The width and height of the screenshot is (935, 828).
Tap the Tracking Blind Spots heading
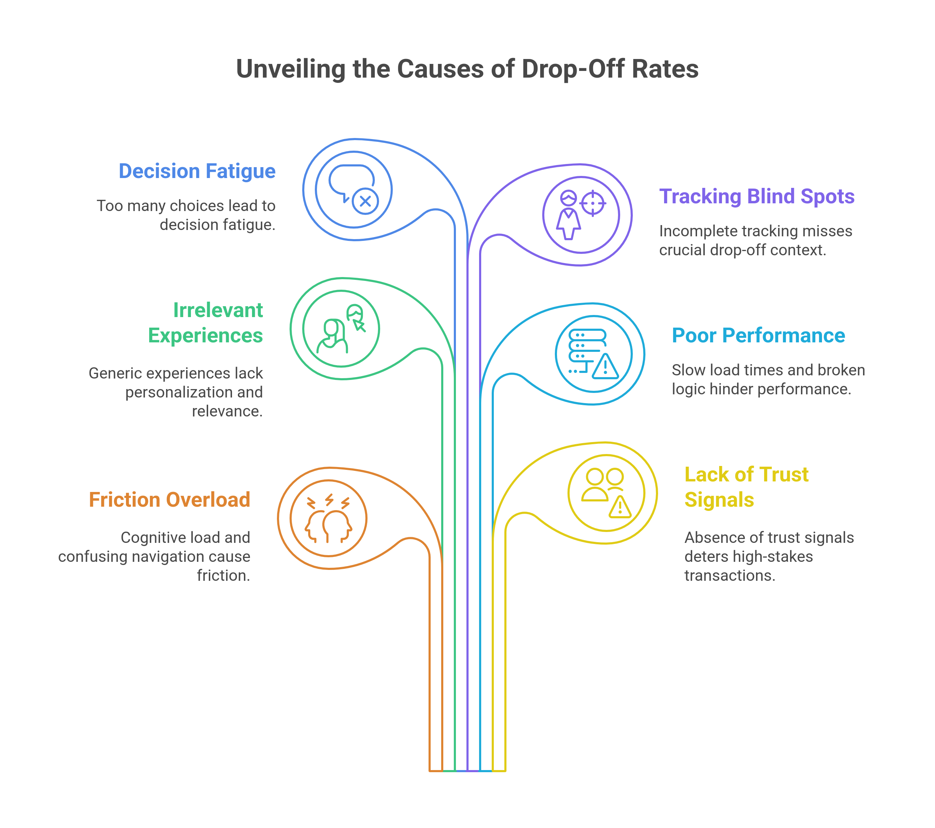pos(757,197)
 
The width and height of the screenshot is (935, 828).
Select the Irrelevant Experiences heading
pos(205,323)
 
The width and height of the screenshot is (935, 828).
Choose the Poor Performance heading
pos(758,335)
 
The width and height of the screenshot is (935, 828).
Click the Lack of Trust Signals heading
pos(746,487)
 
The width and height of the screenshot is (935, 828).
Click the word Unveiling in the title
pos(291,70)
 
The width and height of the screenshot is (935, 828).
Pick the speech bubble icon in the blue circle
pos(350,179)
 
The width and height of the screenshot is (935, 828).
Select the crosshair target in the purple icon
pos(593,203)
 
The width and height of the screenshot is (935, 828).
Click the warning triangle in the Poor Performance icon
pos(605,367)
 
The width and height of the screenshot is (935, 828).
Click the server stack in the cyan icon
pos(586,346)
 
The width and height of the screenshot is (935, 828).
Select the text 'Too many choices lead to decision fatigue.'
pos(186,215)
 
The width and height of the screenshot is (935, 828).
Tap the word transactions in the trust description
pos(730,575)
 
